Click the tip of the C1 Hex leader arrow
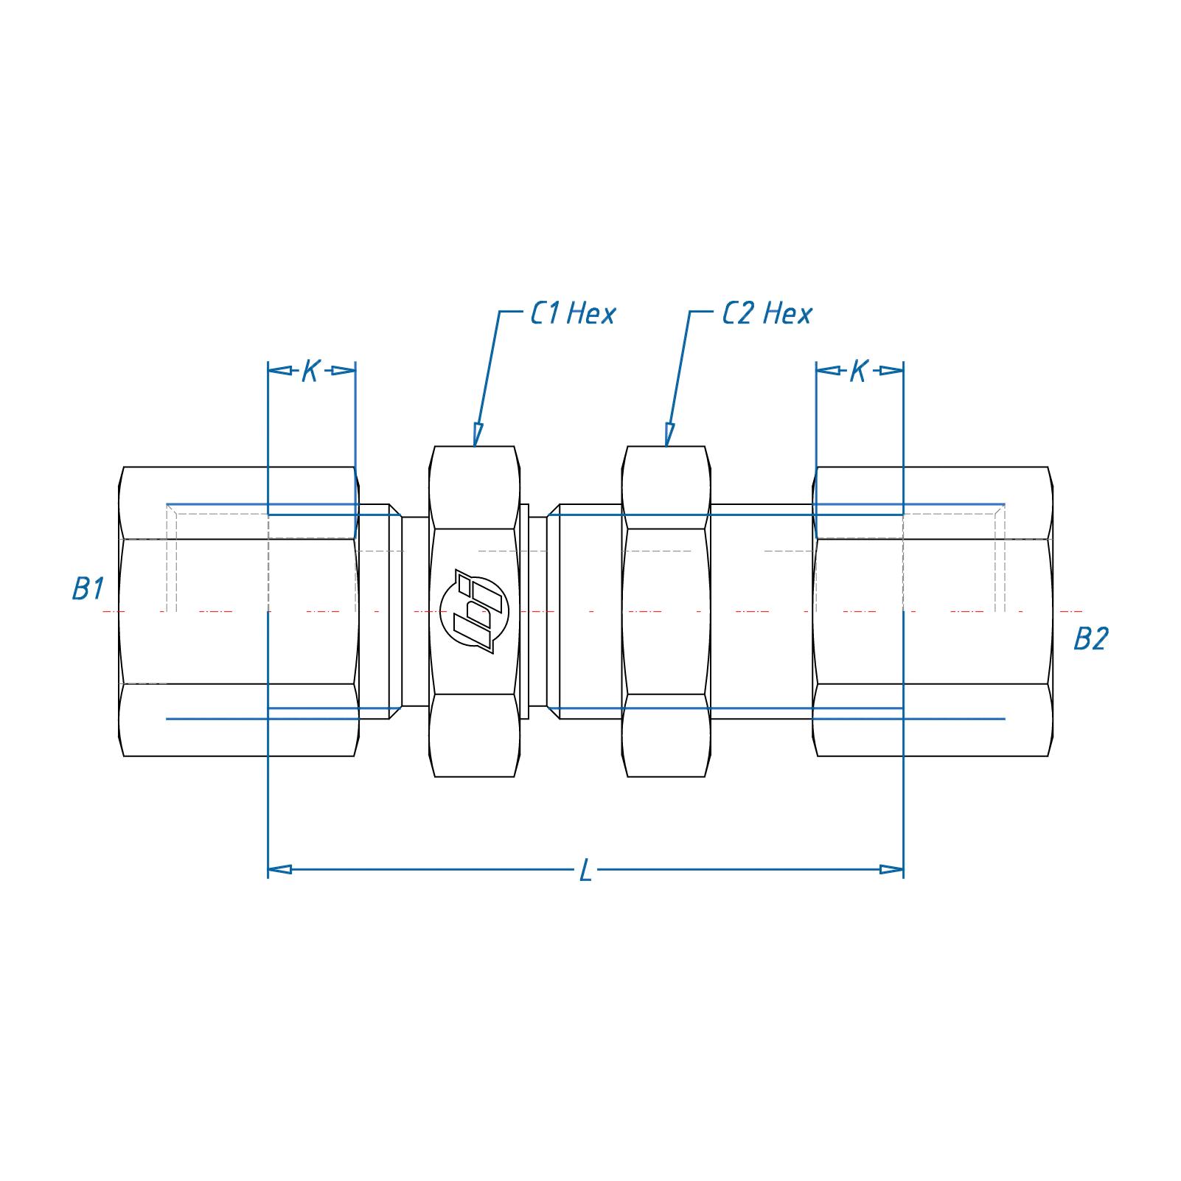coord(475,446)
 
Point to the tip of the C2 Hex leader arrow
coord(666,446)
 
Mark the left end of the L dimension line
coord(268,870)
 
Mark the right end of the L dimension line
coord(903,870)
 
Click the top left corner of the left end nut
coord(124,467)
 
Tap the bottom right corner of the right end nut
coord(1048,756)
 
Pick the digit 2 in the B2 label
coord(1099,638)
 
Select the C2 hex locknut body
coord(666,611)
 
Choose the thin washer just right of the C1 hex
coord(525,611)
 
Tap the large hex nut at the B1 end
coord(239,611)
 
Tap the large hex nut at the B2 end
coord(933,611)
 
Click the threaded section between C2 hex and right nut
coord(762,611)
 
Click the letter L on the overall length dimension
coord(585,871)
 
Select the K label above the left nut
coord(310,371)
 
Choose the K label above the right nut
coord(858,371)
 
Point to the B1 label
coord(88,589)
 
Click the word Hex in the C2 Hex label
coord(787,314)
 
